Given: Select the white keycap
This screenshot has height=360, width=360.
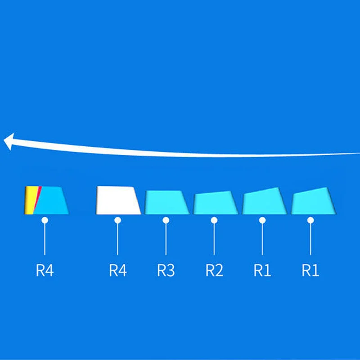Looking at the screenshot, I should point(118,201).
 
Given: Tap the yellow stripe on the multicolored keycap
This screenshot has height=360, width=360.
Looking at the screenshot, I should point(29,200).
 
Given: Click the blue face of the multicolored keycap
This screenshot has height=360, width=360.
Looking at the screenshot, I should point(53,201).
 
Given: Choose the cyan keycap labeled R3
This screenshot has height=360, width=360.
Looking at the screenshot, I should point(166,202).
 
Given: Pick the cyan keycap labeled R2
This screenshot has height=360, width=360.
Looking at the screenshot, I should point(215,203).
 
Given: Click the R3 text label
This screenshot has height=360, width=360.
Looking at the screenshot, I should point(166,270).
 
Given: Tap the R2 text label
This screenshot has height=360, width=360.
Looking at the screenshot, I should point(215,270).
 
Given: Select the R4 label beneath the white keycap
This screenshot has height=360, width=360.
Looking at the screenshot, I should point(118,270).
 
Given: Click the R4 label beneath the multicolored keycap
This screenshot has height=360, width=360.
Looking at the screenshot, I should point(45,270).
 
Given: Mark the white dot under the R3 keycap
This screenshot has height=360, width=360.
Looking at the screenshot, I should point(166,220).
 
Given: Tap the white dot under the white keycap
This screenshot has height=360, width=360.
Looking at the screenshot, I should point(118,220).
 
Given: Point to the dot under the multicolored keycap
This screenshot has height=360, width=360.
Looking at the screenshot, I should point(45,220).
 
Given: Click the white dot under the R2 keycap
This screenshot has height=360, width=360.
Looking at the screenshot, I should point(215,220).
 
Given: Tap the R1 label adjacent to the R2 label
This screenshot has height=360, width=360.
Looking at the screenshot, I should point(262,270).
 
